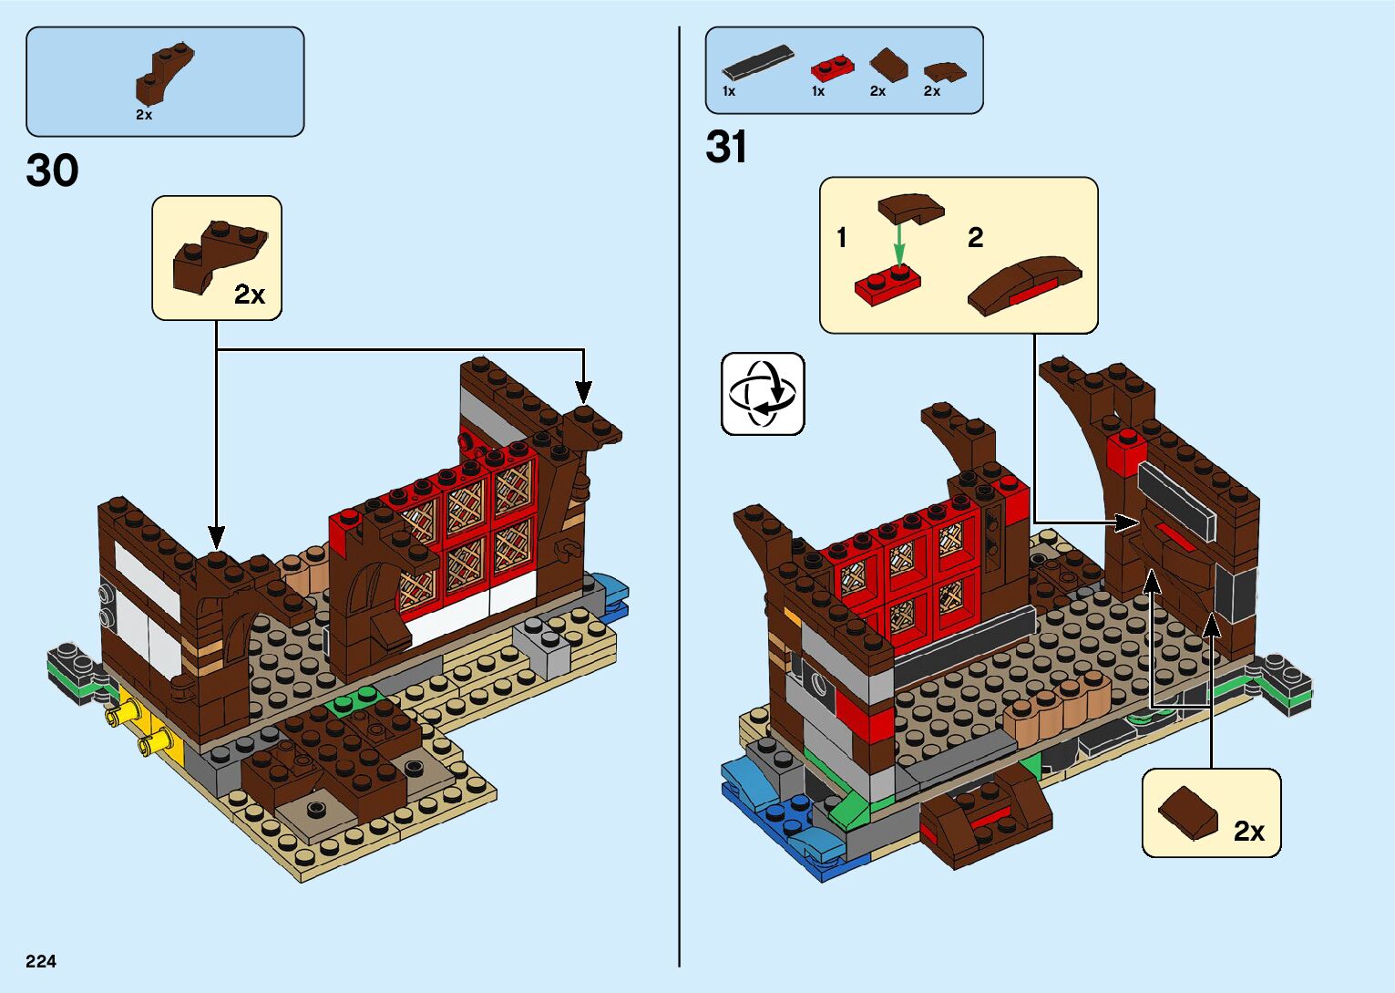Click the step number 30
coord(53,171)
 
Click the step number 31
coord(726,148)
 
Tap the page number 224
coord(41,961)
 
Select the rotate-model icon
coord(763,394)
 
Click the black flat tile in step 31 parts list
coord(757,62)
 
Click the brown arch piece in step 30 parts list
coord(164,73)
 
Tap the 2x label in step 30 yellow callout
coord(249,295)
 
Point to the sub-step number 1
coord(842,238)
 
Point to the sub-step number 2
coord(975,238)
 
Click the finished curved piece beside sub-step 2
coord(1023,284)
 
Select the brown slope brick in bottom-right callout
coord(1187,811)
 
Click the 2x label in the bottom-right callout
coord(1248,832)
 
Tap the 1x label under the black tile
coord(729,91)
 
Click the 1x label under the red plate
coord(818,91)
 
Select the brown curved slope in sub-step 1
coord(910,207)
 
